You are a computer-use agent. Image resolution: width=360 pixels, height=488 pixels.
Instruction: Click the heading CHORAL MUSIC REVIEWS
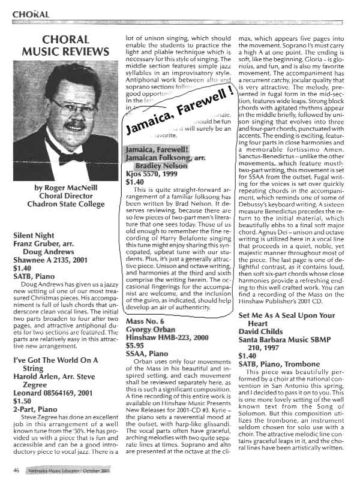coord(58,46)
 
